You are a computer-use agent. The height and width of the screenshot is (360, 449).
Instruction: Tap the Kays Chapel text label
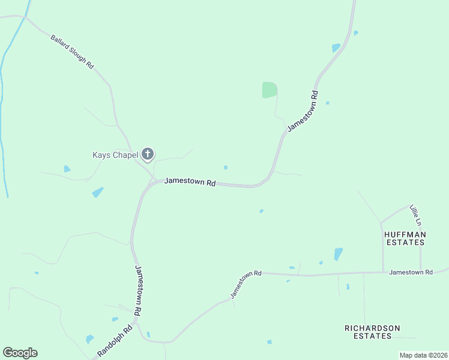[115, 155]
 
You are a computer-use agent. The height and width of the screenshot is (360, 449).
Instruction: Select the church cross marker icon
[148, 154]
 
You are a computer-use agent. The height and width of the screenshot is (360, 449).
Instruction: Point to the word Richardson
[372, 328]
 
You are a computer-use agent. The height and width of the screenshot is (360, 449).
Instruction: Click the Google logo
[20, 353]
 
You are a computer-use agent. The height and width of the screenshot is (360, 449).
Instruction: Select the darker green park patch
[270, 90]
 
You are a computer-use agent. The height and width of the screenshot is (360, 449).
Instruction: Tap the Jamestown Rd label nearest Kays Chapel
[190, 181]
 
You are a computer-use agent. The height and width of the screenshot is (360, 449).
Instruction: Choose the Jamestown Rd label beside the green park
[303, 111]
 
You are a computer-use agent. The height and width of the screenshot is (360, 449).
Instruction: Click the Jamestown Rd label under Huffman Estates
[411, 272]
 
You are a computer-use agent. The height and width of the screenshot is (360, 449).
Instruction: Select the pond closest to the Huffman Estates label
[338, 254]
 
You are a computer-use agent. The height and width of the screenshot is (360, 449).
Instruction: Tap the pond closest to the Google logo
[90, 339]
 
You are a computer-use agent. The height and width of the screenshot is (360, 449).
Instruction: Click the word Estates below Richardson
[372, 337]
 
